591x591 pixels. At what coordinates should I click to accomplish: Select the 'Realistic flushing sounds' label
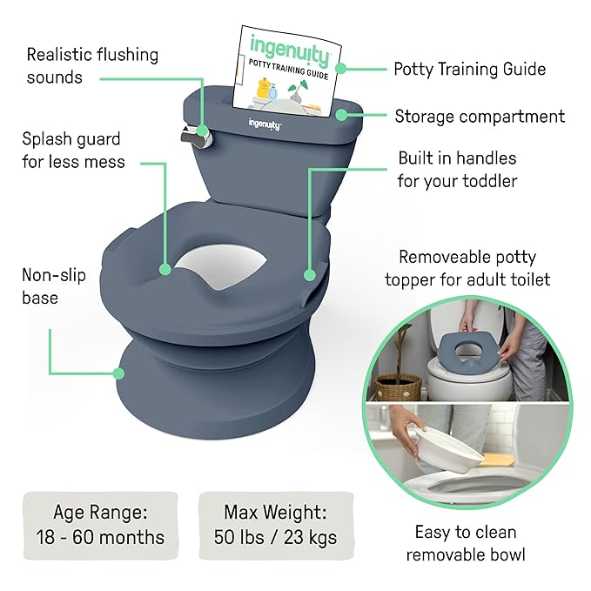92,65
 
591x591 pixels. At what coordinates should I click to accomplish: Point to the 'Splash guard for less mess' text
74,150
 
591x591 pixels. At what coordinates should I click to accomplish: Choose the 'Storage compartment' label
479,116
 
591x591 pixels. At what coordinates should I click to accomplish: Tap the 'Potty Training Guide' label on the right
469,68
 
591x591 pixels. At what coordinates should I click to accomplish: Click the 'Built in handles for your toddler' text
457,170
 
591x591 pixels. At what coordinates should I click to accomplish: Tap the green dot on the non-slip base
119,374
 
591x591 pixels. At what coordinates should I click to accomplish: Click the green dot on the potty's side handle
309,274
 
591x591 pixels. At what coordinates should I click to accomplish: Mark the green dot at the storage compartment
352,114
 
